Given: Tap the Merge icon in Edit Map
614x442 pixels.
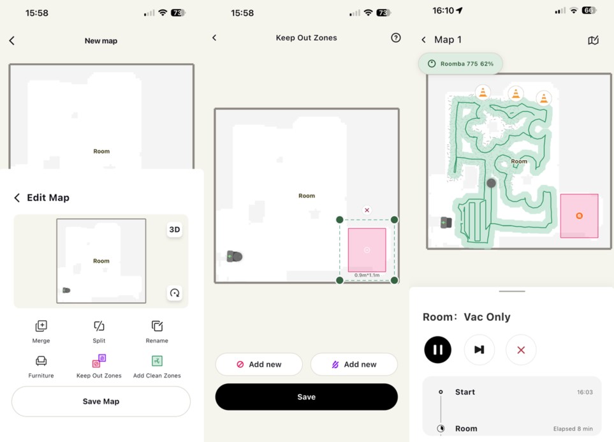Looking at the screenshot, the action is click(41, 326).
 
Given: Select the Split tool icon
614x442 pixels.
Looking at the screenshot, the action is click(99, 326).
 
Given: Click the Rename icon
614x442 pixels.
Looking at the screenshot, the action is click(157, 326).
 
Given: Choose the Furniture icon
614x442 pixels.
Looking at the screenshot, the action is click(41, 360).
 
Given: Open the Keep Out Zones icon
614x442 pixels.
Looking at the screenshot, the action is click(99, 360).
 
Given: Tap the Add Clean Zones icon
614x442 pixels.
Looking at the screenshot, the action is click(157, 360).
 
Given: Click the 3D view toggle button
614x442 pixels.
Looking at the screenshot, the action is click(175, 230).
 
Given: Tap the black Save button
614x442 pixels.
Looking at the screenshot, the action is click(306, 397).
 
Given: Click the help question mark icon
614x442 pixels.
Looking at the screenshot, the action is click(396, 38).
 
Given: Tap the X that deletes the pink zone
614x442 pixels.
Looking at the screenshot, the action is click(367, 210).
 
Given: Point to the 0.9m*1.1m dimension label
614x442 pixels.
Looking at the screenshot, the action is click(367, 275).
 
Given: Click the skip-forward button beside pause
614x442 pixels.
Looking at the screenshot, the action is click(479, 350).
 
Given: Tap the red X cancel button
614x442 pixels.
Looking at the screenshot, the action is click(521, 350).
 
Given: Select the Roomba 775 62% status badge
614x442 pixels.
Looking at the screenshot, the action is click(460, 64).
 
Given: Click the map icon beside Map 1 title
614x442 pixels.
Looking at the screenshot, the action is click(593, 40).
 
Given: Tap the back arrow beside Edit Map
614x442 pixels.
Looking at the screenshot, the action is click(17, 198).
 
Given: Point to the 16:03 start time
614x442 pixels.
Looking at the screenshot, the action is click(585, 392).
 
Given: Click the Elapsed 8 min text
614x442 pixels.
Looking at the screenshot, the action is click(573, 429).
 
